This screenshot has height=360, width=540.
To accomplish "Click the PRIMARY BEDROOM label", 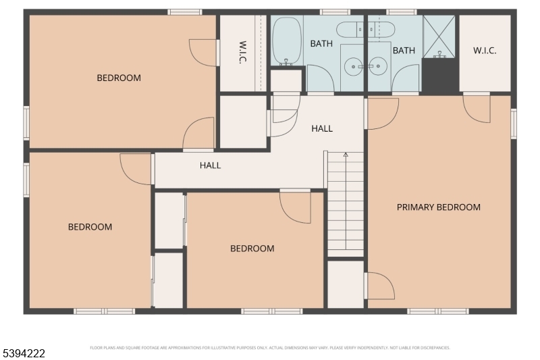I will click(438, 207).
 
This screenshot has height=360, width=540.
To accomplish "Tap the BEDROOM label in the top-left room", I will click(119, 78).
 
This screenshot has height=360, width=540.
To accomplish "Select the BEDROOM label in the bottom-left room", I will click(90, 227).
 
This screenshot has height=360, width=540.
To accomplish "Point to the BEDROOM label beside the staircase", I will click(252, 249).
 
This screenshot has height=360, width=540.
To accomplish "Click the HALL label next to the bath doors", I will click(322, 128).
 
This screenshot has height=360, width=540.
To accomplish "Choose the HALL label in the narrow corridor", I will click(210, 165).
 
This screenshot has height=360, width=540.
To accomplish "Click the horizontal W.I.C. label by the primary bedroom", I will click(485, 51).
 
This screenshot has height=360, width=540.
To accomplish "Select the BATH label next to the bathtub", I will click(321, 43).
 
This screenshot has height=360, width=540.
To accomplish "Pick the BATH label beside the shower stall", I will click(404, 51).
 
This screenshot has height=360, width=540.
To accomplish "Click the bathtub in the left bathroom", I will click(287, 40).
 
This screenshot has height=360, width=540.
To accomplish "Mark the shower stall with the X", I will click(439, 35).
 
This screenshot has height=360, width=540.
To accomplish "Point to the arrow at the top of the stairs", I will click(346, 156).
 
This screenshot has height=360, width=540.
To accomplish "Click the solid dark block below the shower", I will click(439, 76).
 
